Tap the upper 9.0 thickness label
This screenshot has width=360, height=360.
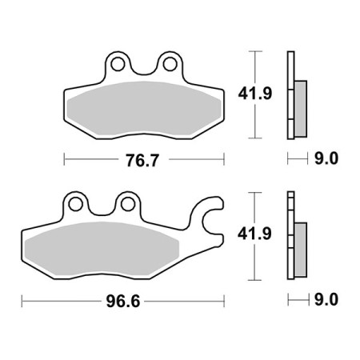[x=326, y=160]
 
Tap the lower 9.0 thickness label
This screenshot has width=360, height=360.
[x=326, y=302]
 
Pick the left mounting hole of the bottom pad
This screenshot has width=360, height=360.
[x=76, y=203]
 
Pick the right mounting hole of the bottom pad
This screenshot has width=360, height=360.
[x=126, y=203]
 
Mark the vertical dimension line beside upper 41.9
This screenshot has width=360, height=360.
[x=255, y=94]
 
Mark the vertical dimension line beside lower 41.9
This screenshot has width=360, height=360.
[x=255, y=237]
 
